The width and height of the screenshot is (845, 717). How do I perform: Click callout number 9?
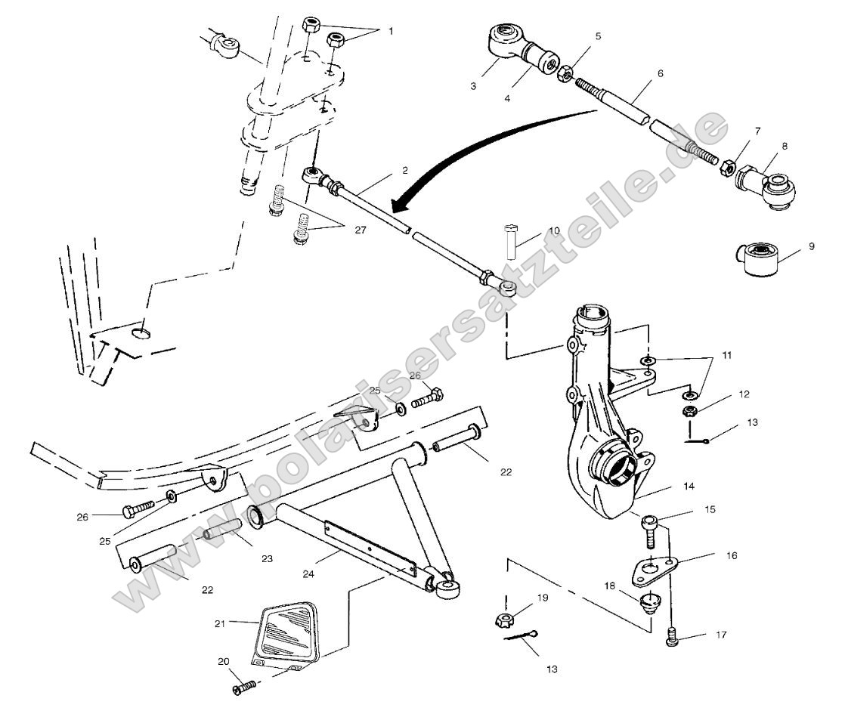(x=812, y=246)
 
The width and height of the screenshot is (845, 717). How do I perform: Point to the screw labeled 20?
(x=245, y=688)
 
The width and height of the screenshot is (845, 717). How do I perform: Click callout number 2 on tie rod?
(x=404, y=170)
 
